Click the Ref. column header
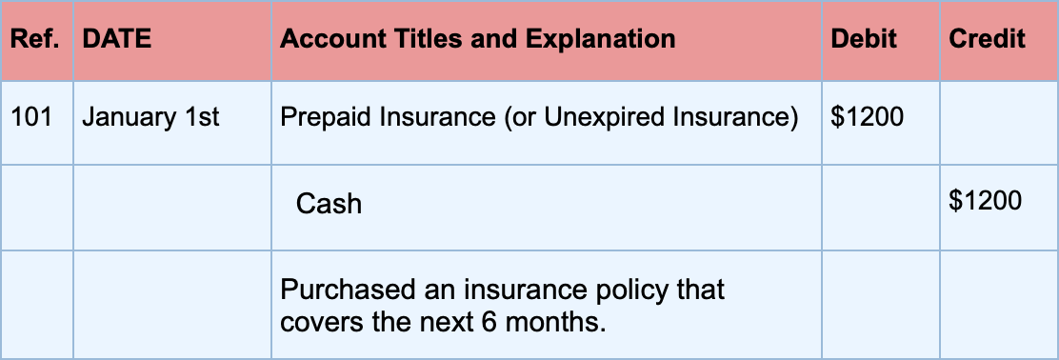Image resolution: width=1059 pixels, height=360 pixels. (37, 39)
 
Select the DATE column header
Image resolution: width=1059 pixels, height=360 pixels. (117, 39)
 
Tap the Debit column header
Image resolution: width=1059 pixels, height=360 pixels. (864, 39)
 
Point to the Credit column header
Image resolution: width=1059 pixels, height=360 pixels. (987, 39)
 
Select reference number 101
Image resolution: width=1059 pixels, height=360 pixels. (30, 117)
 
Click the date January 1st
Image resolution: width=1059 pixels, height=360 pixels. (150, 117)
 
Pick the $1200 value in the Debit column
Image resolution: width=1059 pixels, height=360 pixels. (868, 117)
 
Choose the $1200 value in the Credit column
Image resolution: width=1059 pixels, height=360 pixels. (986, 200)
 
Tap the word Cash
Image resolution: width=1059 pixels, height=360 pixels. (329, 203)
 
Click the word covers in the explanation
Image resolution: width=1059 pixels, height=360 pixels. (314, 321)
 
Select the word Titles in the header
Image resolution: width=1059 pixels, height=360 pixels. (422, 39)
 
